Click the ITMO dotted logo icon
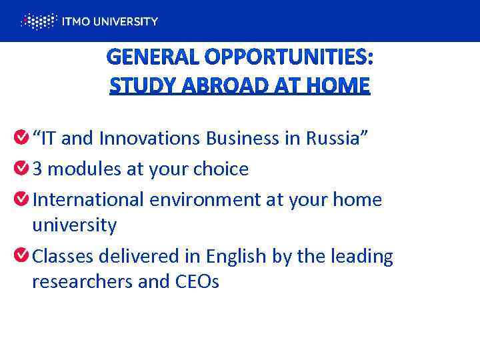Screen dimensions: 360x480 [x=37, y=21]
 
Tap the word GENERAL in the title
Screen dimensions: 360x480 [x=153, y=59]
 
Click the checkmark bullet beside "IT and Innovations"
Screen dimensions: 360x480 [x=21, y=137]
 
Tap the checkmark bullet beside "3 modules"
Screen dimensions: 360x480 [x=21, y=168]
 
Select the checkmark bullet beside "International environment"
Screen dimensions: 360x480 [x=21, y=199]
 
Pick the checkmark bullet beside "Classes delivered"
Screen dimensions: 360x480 [x=21, y=255]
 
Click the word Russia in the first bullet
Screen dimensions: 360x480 [x=333, y=138]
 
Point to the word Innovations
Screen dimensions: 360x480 [x=150, y=138]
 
